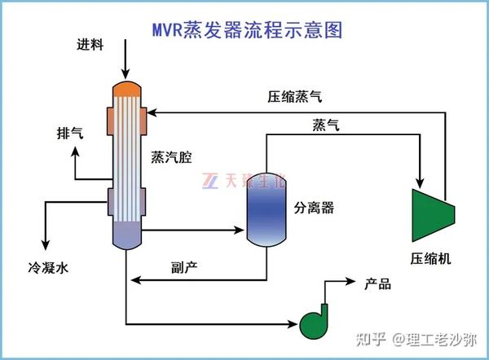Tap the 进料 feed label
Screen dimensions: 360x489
(90, 44)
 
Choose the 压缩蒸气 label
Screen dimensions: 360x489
(294, 96)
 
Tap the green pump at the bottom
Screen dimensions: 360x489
(315, 321)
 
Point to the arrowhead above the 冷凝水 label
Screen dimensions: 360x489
(46, 245)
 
